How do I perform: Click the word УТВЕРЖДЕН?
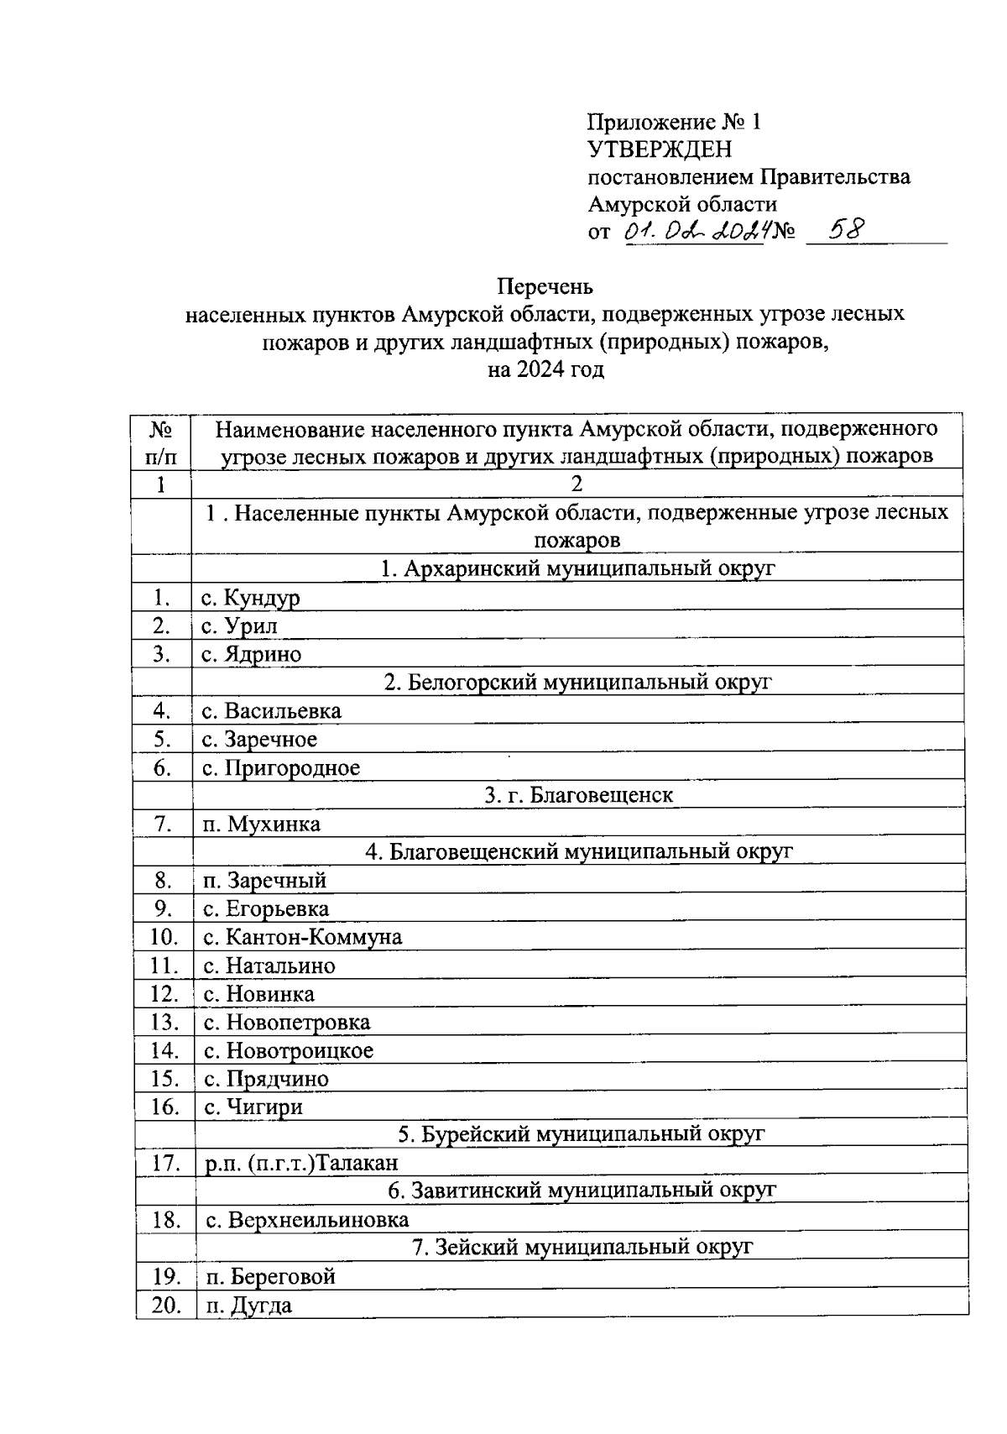click(659, 149)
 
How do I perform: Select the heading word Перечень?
click(545, 287)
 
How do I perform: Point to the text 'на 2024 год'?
click(545, 369)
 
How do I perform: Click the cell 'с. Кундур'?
click(251, 598)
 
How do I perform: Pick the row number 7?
click(163, 824)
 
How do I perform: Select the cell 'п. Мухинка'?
click(262, 824)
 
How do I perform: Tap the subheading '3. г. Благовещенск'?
click(578, 795)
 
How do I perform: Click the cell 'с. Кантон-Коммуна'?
click(303, 937)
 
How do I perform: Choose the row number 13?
click(164, 1023)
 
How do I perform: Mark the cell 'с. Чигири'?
click(253, 1107)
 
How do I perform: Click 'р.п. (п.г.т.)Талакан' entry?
click(302, 1164)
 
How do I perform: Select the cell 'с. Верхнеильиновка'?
click(306, 1220)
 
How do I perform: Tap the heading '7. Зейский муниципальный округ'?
click(582, 1248)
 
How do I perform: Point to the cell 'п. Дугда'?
click(249, 1306)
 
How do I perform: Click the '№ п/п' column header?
click(161, 443)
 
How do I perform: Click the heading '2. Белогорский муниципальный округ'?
click(577, 682)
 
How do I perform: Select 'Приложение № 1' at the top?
click(674, 123)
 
